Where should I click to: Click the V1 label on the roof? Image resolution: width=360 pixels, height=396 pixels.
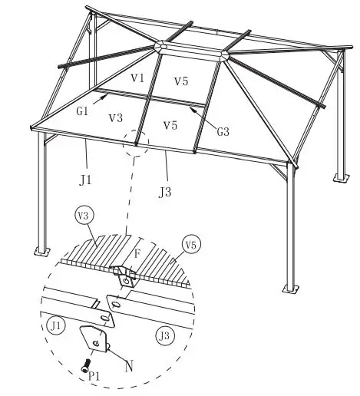pyautogui.click(x=137, y=78)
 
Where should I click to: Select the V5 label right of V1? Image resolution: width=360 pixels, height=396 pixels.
pyautogui.click(x=181, y=82)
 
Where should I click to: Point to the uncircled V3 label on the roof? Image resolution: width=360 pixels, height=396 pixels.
pyautogui.click(x=117, y=117)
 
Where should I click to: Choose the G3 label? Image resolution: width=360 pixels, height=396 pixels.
pyautogui.click(x=223, y=130)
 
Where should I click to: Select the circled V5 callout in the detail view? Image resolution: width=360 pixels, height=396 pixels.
pyautogui.click(x=191, y=246)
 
